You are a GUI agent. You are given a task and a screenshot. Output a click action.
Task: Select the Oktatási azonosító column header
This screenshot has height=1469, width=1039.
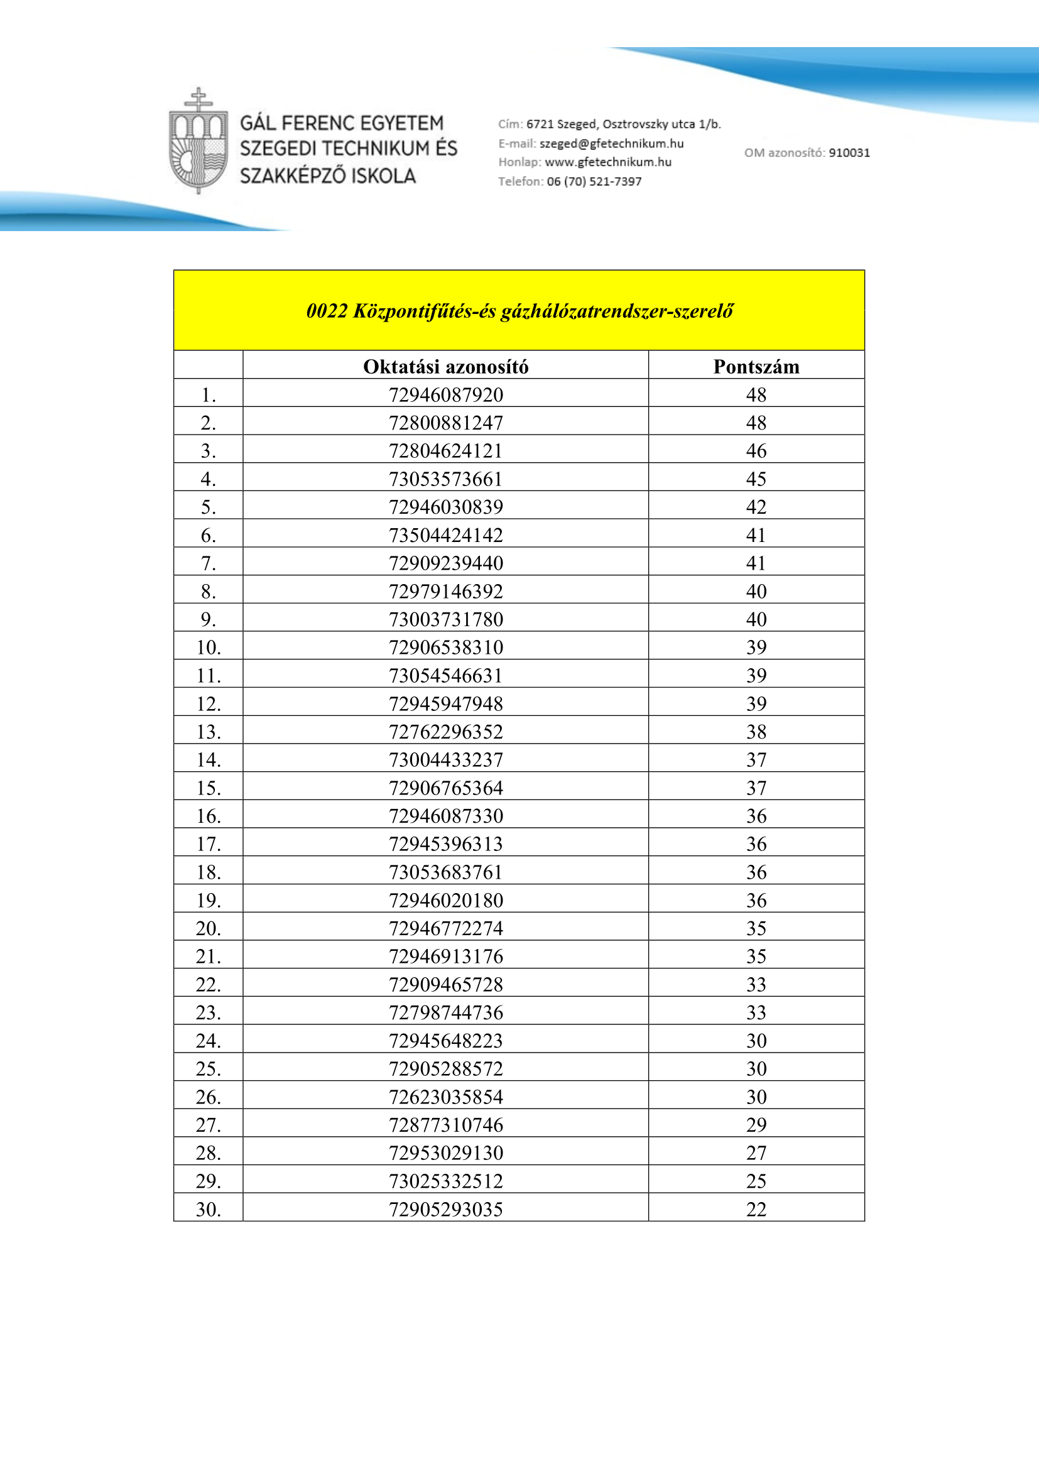[x=445, y=367]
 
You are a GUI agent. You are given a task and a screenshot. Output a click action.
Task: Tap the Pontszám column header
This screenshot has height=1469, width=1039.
[x=756, y=367]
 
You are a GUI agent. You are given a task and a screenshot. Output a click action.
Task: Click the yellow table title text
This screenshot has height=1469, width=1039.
[x=519, y=311]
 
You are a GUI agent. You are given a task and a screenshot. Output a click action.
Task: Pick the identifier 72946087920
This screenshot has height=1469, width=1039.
[x=445, y=395]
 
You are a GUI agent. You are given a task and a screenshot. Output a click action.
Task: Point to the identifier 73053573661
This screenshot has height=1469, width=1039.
[x=445, y=479]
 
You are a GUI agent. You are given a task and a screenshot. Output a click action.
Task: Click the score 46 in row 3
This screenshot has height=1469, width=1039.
[x=756, y=451]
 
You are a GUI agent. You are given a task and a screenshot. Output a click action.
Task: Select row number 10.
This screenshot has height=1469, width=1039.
[x=209, y=648]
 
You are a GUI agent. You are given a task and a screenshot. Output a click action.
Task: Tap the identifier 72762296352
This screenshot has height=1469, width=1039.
[x=445, y=731]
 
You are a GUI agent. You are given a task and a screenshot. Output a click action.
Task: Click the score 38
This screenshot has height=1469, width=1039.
[x=756, y=731]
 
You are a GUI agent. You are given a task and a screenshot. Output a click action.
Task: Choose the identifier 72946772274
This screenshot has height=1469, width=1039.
[x=445, y=928]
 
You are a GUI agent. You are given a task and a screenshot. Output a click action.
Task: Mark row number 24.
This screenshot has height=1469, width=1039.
[x=209, y=1040]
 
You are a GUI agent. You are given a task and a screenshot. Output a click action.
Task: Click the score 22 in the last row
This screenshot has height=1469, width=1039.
[x=756, y=1208]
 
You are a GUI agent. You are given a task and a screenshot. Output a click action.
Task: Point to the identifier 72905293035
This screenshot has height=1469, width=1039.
[x=445, y=1208]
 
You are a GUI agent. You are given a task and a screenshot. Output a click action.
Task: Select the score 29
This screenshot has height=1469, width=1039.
[x=756, y=1124]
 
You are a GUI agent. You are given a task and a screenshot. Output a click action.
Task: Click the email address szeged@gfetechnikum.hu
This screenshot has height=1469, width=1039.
[x=611, y=143]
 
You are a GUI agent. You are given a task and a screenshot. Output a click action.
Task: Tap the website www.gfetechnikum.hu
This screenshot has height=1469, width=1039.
[x=608, y=162]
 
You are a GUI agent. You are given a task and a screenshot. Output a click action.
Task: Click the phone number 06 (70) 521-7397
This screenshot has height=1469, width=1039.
[x=594, y=181]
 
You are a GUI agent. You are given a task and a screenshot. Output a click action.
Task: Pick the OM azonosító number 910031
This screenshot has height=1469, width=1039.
[x=849, y=152]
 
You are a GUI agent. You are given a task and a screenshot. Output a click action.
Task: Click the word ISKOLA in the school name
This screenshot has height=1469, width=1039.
[x=383, y=175]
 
